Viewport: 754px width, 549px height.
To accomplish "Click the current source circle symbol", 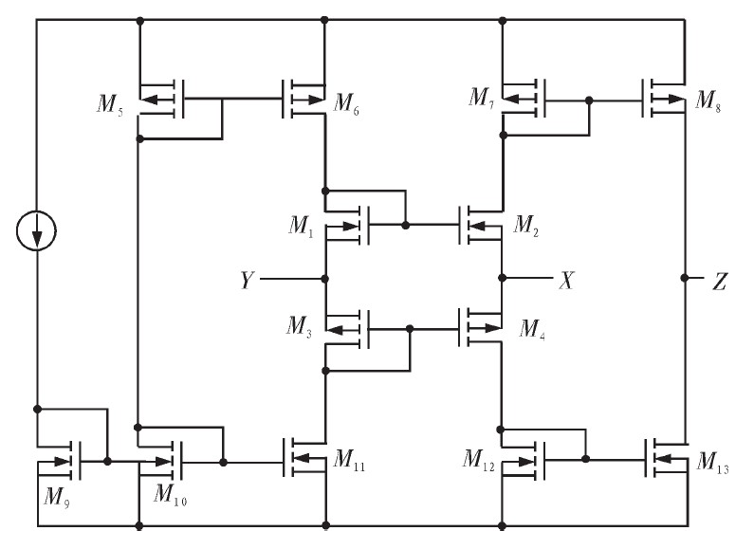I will tap(37, 231).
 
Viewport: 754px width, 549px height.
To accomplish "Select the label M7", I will tap(483, 97).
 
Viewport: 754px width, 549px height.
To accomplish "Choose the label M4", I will tap(533, 327).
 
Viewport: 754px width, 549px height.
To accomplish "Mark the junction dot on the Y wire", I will tap(325, 279).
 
